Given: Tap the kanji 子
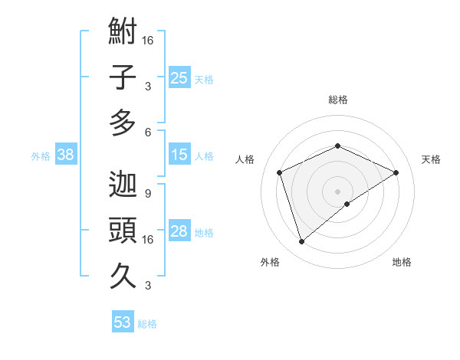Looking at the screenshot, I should (x=123, y=78).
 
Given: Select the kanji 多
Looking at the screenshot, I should (x=123, y=123).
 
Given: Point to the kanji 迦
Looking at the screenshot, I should (x=123, y=184).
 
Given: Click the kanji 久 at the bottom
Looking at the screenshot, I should (x=123, y=274).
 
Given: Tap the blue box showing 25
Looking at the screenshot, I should (x=179, y=77).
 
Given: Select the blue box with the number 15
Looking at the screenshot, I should (x=179, y=155).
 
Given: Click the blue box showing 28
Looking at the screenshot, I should (x=179, y=231).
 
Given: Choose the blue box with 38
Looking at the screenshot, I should (x=66, y=155).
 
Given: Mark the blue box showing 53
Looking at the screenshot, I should (x=123, y=322).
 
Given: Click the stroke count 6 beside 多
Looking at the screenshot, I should (x=147, y=132).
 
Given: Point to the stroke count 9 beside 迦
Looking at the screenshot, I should (x=147, y=193).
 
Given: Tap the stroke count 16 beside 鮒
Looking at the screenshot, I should (x=147, y=40).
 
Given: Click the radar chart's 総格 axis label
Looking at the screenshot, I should (x=337, y=100).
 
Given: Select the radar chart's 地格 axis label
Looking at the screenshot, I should (x=402, y=262).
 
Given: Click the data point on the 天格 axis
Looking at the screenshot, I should (x=396, y=172).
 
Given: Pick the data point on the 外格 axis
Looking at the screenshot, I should (x=301, y=242).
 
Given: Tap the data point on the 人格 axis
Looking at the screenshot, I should (x=280, y=172).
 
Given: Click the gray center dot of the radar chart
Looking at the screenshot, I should (x=337, y=191).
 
